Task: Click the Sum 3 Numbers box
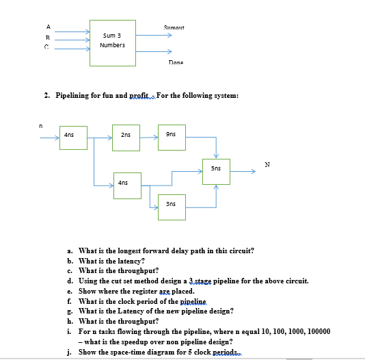click(113, 40)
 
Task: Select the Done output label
click(176, 62)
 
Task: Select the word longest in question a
click(129, 251)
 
